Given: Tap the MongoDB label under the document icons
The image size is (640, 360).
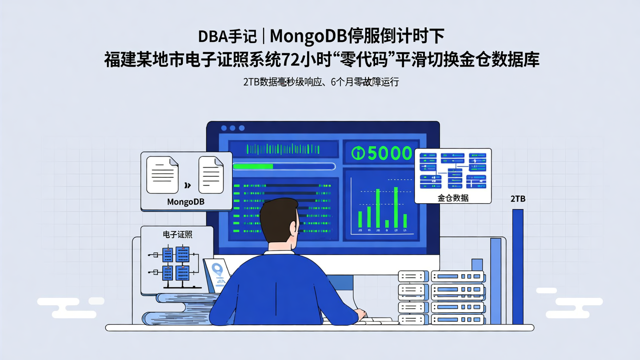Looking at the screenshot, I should coord(186,202).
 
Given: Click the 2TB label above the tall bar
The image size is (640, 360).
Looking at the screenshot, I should coord(518,199).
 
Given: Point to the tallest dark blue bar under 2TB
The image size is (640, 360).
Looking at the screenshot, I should coord(518,267).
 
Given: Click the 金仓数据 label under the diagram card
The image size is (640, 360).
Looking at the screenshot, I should coord(453,198).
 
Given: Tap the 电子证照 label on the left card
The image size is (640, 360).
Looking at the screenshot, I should coord(177,234).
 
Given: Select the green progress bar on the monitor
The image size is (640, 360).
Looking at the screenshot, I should coord(253,167).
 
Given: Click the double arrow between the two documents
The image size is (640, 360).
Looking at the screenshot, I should coord(188,185).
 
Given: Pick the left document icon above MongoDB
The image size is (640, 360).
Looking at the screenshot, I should coord(162,175).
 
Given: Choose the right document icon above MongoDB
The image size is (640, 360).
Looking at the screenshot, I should coord(211,175).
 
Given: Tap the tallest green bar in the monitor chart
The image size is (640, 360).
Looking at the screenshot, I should coord(396,207).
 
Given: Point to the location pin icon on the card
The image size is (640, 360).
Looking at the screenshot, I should coord(217,270).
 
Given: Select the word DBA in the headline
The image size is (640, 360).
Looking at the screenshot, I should coord(213,36).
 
